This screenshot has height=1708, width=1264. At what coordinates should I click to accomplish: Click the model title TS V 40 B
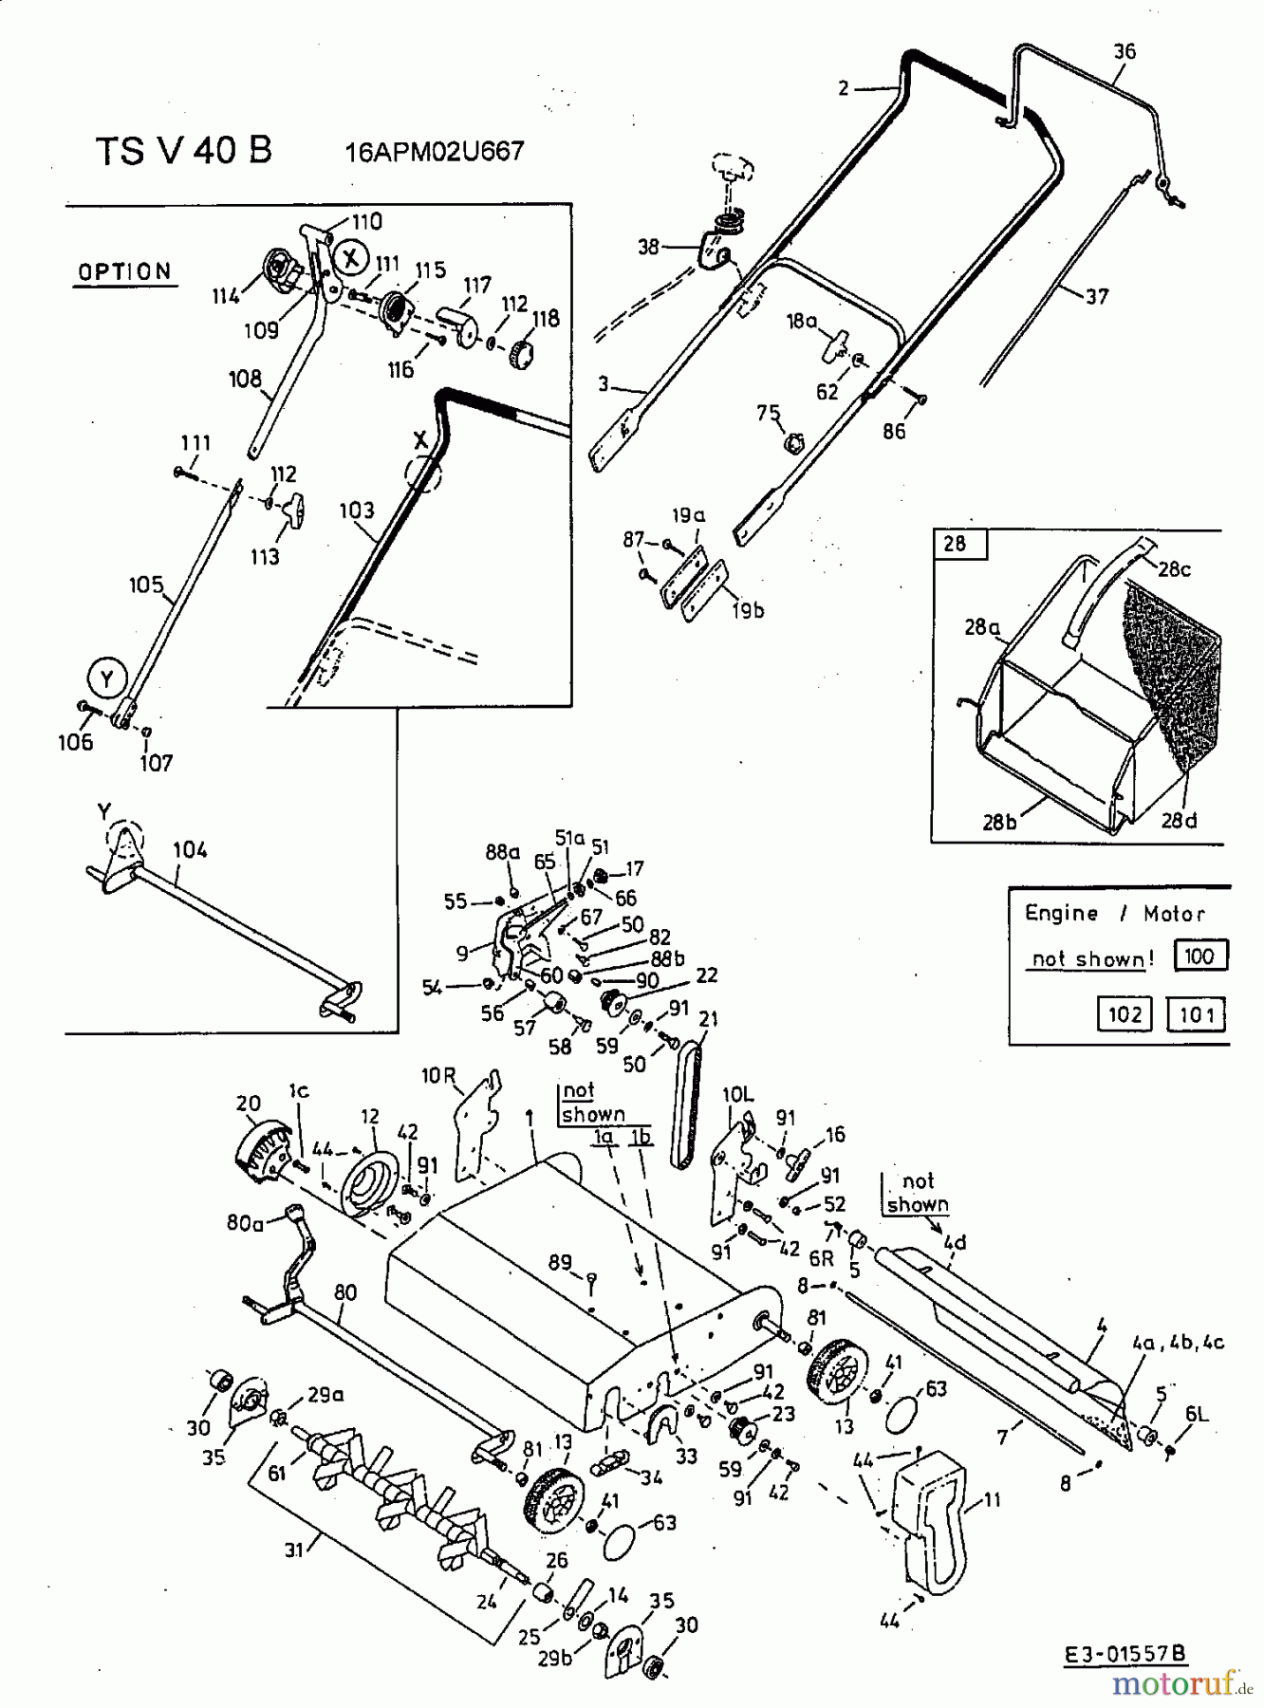183,151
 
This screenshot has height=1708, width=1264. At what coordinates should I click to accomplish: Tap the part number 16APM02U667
435,152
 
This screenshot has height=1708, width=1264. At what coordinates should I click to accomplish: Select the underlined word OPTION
124,272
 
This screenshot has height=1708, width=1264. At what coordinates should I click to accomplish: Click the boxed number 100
1199,956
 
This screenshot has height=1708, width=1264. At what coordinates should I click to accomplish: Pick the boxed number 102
1125,1014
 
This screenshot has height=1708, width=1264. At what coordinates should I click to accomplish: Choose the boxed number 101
1196,1014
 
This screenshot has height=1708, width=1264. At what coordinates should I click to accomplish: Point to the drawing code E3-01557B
1125,1655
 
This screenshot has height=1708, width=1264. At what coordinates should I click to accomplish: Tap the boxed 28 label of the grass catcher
956,544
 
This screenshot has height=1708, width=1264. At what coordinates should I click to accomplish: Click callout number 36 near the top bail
1125,51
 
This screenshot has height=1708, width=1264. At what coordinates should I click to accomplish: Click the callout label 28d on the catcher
1179,820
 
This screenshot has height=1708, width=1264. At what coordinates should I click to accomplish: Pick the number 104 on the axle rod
190,850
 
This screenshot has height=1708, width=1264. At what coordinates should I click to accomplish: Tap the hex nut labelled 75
794,441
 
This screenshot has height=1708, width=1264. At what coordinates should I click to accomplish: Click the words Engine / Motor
1114,914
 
